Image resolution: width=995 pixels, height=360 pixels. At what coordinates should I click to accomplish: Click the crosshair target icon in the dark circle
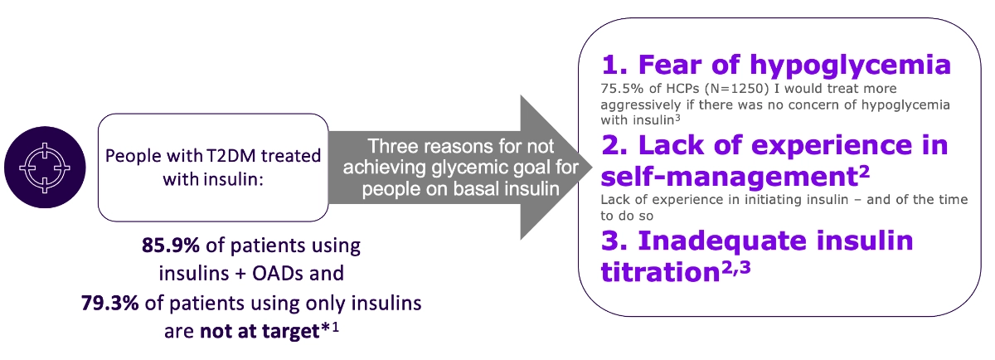pyautogui.click(x=45, y=168)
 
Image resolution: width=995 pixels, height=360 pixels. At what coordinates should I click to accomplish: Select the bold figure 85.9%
pyautogui.click(x=171, y=246)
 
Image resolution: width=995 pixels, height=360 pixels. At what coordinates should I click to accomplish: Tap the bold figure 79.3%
pyautogui.click(x=109, y=303)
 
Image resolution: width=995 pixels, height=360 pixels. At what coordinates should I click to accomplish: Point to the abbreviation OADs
pyautogui.click(x=278, y=274)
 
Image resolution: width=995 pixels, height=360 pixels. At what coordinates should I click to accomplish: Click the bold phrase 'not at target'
pyautogui.click(x=260, y=331)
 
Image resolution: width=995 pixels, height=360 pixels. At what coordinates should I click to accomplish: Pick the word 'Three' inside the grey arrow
pyautogui.click(x=391, y=146)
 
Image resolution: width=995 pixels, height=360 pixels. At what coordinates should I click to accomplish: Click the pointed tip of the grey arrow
pyautogui.click(x=592, y=168)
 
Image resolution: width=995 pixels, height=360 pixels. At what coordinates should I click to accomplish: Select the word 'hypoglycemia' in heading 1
pyautogui.click(x=850, y=66)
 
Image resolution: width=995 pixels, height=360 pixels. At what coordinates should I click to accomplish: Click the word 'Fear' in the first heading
pyautogui.click(x=671, y=65)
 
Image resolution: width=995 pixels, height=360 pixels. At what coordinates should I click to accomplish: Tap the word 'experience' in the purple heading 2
pyautogui.click(x=828, y=146)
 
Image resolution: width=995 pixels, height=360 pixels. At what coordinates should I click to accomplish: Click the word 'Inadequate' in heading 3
pyautogui.click(x=722, y=241)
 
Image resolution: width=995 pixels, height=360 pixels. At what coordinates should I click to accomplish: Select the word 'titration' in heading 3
pyautogui.click(x=660, y=272)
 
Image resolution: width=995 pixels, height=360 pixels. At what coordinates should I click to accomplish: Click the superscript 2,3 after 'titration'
pyautogui.click(x=735, y=267)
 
